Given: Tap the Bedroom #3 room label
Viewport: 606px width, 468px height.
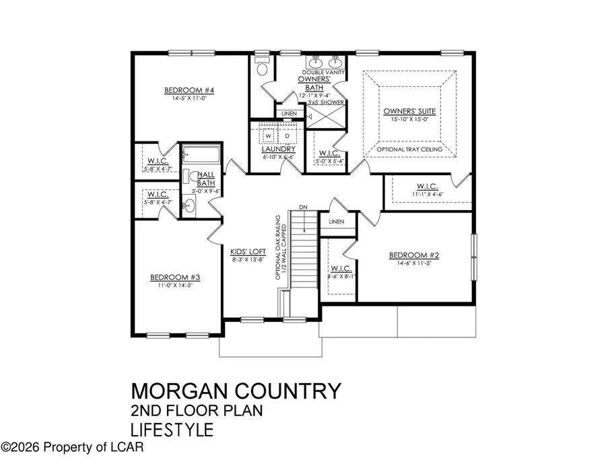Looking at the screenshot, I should pyautogui.click(x=166, y=277).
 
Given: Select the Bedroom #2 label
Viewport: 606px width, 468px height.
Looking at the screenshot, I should pyautogui.click(x=414, y=255).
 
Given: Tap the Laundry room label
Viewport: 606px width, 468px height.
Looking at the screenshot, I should pyautogui.click(x=279, y=149).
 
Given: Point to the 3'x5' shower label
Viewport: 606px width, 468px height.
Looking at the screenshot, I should pyautogui.click(x=326, y=102).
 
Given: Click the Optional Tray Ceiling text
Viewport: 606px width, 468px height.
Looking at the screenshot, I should pyautogui.click(x=409, y=149).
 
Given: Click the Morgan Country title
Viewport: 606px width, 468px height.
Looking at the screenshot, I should pyautogui.click(x=236, y=391).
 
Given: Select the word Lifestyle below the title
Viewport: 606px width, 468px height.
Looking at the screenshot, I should pyautogui.click(x=172, y=429).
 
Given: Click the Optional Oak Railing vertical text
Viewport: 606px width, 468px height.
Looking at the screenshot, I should pyautogui.click(x=277, y=249).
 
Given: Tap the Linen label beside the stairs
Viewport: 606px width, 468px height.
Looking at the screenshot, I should pyautogui.click(x=337, y=222).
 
